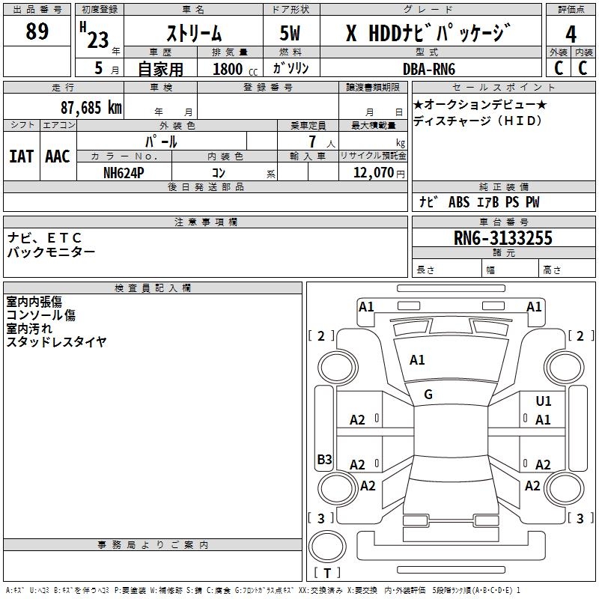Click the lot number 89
37,32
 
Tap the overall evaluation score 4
571,34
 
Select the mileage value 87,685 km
91,107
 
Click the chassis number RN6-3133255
504,238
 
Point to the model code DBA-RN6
429,68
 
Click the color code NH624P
124,172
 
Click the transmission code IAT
21,156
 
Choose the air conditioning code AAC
57,156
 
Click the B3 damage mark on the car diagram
324,460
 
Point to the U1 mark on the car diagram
544,402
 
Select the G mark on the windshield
428,395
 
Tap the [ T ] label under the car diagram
327,573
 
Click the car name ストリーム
193,34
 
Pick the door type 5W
291,34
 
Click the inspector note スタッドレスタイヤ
57,342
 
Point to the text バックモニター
51,252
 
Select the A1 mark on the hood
417,360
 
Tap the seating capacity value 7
311,141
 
